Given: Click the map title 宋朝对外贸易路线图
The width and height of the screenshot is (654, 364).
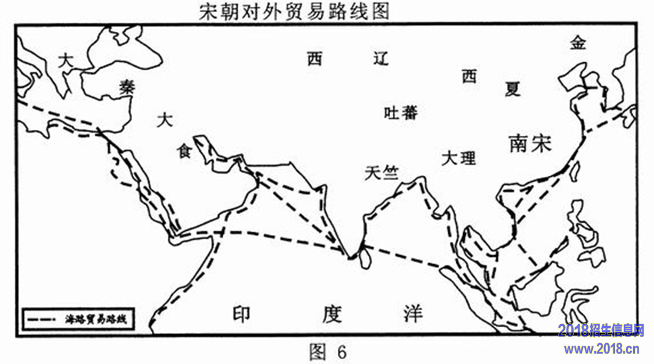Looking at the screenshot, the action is click(x=294, y=11).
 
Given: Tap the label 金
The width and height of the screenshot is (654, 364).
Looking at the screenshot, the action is click(x=579, y=43).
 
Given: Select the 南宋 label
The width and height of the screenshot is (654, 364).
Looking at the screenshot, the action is click(x=530, y=143).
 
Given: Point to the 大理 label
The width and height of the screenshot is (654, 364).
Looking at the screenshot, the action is click(x=459, y=158).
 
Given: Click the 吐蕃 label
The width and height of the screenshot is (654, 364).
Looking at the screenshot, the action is click(x=401, y=113).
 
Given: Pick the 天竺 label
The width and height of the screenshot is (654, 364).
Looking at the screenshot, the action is click(x=382, y=173).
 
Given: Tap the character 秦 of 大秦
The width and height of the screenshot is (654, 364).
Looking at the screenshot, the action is click(x=127, y=87).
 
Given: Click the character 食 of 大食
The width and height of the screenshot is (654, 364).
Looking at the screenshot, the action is click(x=185, y=151).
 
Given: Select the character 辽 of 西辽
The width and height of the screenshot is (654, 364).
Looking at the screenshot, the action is click(x=381, y=59).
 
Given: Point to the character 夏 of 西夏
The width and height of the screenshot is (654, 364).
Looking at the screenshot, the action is click(x=513, y=89).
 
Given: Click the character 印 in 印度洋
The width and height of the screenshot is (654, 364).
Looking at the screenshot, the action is click(x=242, y=314).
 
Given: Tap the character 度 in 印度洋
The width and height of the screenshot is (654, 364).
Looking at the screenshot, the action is click(x=332, y=314).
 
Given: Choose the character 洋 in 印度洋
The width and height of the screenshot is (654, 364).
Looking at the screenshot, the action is click(x=413, y=314).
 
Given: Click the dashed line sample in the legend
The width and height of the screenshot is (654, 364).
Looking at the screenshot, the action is click(x=42, y=320).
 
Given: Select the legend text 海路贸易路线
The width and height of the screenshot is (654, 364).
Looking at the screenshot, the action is click(x=95, y=319).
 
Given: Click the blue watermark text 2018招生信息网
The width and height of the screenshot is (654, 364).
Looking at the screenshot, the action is click(x=601, y=330).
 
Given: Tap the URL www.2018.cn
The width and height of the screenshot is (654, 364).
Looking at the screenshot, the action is click(x=601, y=349).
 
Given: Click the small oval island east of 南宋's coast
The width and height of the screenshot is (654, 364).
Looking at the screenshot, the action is click(x=574, y=171).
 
